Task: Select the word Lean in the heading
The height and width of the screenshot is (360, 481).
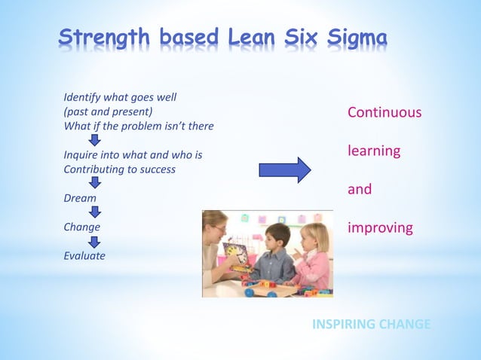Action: (x=259, y=37)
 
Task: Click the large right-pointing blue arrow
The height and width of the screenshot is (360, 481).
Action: (x=284, y=170)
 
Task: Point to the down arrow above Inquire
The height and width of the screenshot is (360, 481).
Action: (x=94, y=141)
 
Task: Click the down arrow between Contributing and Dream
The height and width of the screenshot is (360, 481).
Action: (x=94, y=183)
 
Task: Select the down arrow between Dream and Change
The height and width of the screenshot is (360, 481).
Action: (x=94, y=212)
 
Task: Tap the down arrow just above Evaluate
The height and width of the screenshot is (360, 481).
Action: (x=94, y=241)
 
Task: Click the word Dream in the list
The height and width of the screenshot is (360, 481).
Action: (x=80, y=198)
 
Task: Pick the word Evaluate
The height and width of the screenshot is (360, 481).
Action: (x=84, y=255)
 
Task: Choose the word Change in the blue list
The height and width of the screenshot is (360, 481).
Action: (x=81, y=227)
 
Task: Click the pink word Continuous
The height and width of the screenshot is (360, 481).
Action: (x=384, y=113)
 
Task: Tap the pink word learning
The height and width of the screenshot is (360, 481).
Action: (x=373, y=151)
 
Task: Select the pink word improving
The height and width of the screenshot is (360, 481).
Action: (x=380, y=227)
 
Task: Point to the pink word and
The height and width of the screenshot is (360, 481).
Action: (x=360, y=189)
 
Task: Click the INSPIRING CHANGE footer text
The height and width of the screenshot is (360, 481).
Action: (x=371, y=325)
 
